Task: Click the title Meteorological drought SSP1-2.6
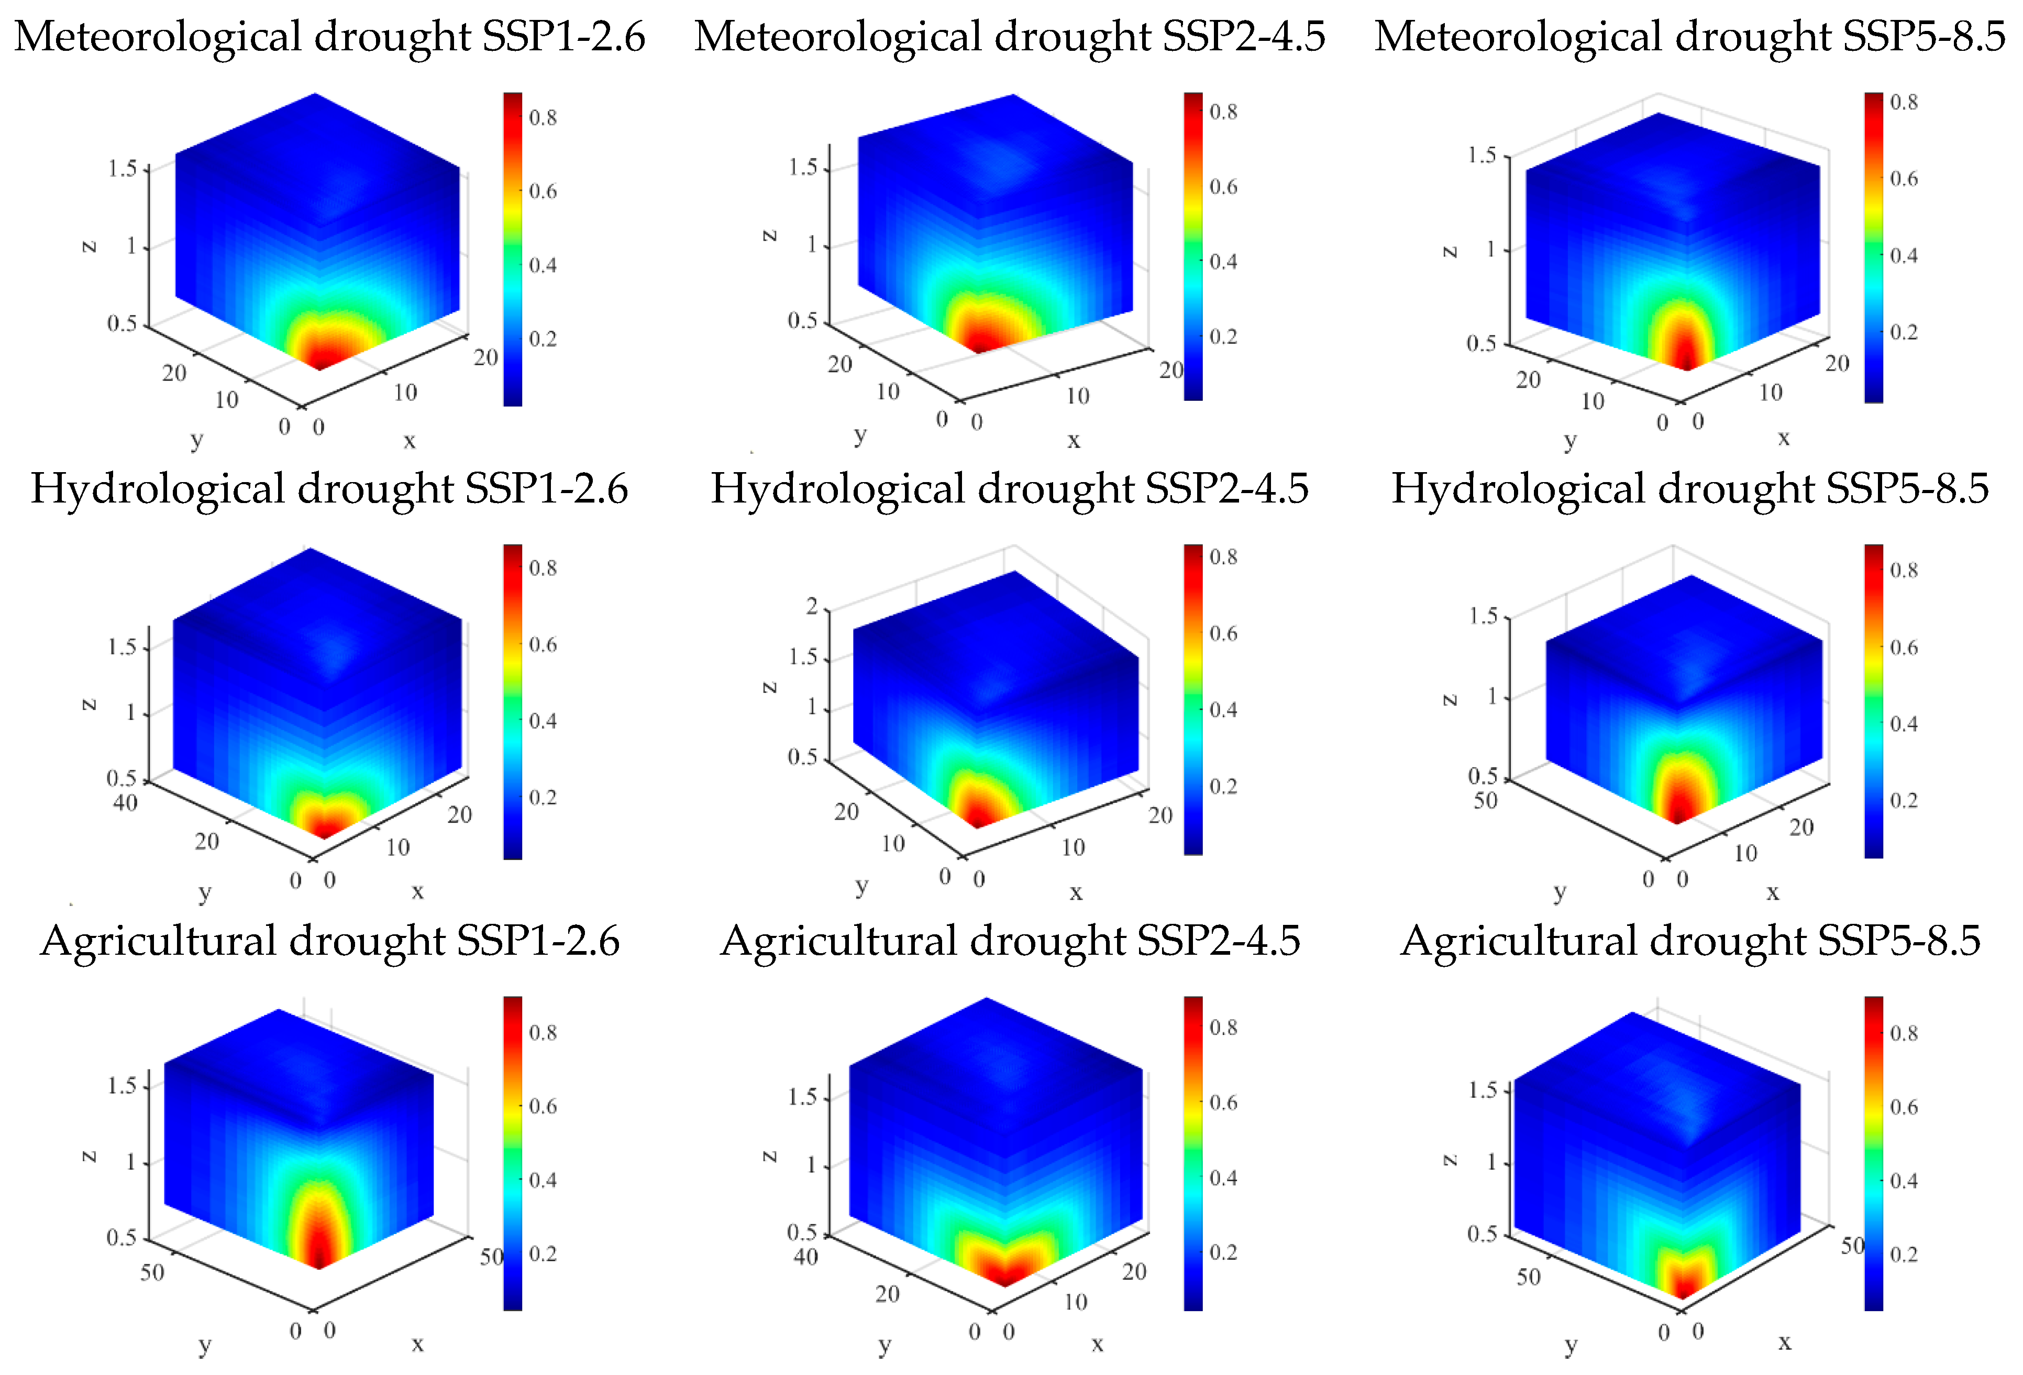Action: [x=329, y=37]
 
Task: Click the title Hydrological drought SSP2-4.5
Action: [x=1009, y=488]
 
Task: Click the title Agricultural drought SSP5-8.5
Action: [x=1690, y=941]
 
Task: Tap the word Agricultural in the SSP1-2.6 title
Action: [x=157, y=941]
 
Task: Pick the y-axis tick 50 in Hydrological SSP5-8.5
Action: [x=1485, y=800]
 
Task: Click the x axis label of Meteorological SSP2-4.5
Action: [x=1074, y=441]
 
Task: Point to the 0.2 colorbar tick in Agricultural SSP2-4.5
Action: [x=1223, y=1252]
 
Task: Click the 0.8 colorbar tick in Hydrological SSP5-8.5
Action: [x=1904, y=570]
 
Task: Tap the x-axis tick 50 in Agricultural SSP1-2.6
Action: [x=492, y=1257]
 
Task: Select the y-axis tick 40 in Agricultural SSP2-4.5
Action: [x=805, y=1257]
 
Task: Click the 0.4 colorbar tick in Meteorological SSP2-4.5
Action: [x=1223, y=261]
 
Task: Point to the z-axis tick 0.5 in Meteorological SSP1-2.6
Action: [x=122, y=324]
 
